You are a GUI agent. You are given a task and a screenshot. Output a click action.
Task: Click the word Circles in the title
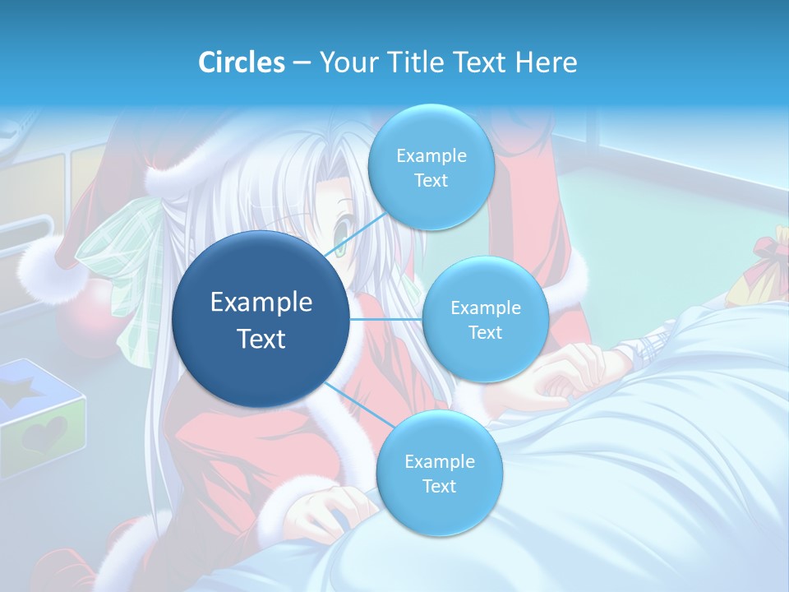tap(242, 62)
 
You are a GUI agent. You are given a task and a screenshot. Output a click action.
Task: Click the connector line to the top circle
tap(353, 238)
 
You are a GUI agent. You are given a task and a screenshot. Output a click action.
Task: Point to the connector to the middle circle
tap(386, 318)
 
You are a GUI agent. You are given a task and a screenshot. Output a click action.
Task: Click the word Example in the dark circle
tap(261, 303)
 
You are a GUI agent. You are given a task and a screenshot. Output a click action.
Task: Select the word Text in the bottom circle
tap(439, 486)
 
